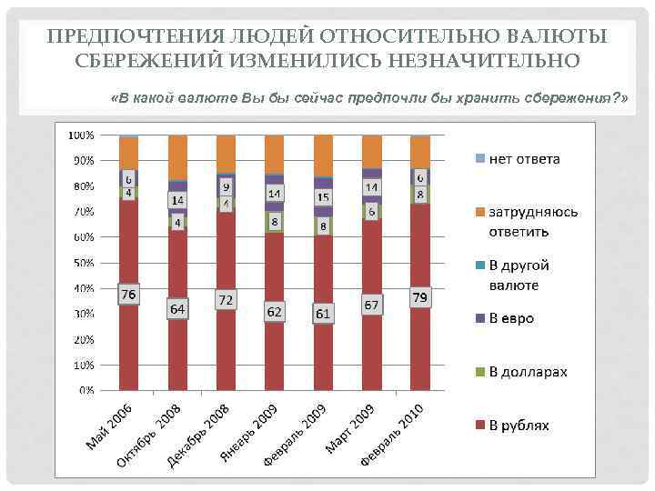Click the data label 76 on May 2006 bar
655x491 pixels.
[x=128, y=296]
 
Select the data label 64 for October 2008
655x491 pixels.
[x=177, y=309]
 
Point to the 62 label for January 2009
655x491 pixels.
[x=274, y=312]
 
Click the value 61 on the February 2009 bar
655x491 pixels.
[x=323, y=314]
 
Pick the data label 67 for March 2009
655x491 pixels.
[x=371, y=304]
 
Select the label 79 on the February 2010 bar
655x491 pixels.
[x=419, y=297]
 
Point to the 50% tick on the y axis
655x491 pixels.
[x=83, y=263]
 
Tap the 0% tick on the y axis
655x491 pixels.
[x=86, y=390]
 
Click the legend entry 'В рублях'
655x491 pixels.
[x=519, y=425]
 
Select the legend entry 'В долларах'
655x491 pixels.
[x=528, y=372]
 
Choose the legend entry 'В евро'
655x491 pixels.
[x=511, y=318]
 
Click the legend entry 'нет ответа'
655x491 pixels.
[x=525, y=159]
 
